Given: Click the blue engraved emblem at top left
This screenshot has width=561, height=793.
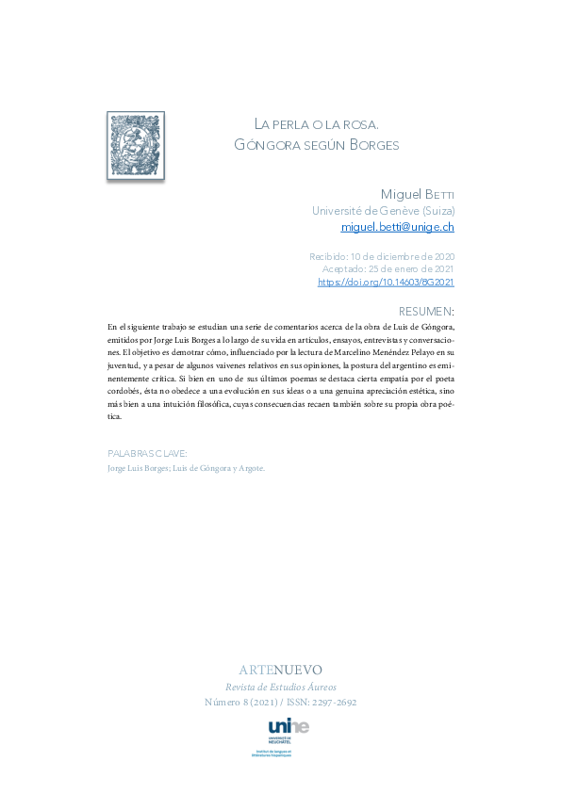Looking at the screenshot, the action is pos(136,145).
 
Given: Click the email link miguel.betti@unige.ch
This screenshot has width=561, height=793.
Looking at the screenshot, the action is pos(397,227).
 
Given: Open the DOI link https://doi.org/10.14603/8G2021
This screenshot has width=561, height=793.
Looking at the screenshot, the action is pos(386,282).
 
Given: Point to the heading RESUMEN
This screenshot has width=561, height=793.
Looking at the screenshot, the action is pos(426,311).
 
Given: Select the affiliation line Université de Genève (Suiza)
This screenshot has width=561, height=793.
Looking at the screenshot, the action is pos(383,211).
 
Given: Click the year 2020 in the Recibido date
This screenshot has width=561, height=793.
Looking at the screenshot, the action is pos(440,256).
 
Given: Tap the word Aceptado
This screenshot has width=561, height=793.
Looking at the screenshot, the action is pos(344,269).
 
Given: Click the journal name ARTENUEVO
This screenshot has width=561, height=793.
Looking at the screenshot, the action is pos(280,670).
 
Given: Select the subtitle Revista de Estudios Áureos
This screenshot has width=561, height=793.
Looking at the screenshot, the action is pos(280,687).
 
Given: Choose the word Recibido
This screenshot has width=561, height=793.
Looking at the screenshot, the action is pos(327,256).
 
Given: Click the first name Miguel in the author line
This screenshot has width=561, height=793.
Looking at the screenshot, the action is pos(404,194).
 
